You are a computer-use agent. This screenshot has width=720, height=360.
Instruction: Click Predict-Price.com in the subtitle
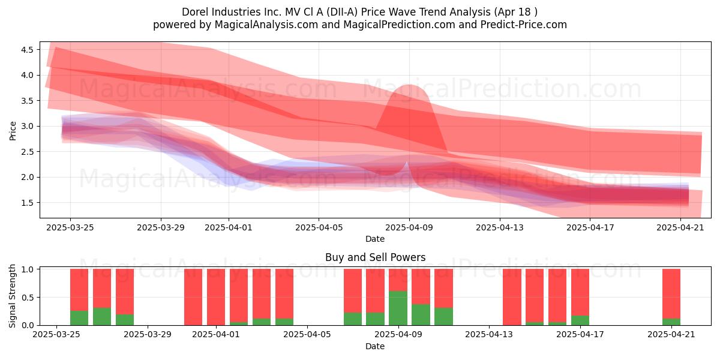coord(523,25)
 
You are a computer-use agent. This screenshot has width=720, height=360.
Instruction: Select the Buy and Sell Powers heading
coord(375,257)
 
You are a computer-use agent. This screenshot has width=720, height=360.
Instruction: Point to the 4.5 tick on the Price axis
coord(27,50)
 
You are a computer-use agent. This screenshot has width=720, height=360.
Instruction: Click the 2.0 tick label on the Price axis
coord(27,177)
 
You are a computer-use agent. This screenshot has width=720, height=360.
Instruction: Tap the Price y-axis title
coord(13,131)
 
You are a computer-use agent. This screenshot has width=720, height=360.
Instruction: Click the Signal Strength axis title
coord(12,296)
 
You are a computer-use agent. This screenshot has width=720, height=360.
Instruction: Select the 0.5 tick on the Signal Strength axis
coord(27,298)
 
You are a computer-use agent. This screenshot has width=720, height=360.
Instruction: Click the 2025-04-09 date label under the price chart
coord(409,227)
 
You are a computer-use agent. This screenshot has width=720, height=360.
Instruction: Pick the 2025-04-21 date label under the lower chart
coord(671,335)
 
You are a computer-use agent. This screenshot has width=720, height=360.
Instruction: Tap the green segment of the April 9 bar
coord(398,308)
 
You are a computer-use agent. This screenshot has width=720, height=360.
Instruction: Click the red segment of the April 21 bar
coord(671,294)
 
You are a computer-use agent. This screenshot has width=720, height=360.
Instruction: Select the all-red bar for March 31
coord(193,297)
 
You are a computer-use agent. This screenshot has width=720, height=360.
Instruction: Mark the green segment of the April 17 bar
coord(580,320)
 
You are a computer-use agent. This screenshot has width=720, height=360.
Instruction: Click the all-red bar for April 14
coord(512,297)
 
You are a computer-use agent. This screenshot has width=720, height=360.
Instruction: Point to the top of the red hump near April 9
coord(409,85)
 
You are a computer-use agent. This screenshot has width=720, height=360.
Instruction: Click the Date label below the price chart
coord(375,239)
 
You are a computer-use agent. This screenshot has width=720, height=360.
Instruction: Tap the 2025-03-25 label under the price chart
coord(70,227)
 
